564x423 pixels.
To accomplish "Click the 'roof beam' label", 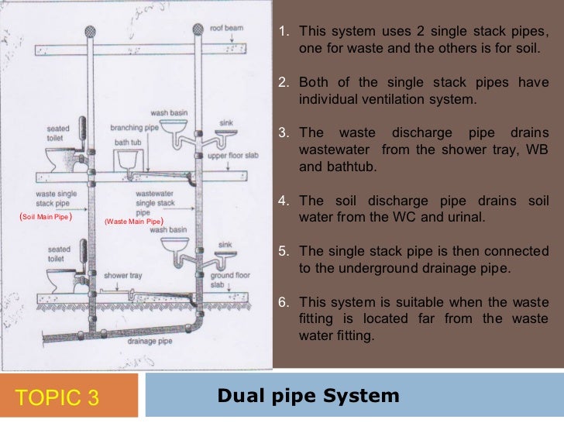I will pyautogui.click(x=229, y=28).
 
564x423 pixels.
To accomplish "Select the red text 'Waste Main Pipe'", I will pyautogui.click(x=134, y=221).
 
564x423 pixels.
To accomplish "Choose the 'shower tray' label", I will pyautogui.click(x=121, y=275).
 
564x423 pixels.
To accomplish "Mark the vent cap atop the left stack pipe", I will pyautogui.click(x=89, y=32).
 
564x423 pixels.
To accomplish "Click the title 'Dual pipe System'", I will pyautogui.click(x=308, y=397).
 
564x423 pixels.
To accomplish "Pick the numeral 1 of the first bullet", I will pyautogui.click(x=283, y=32).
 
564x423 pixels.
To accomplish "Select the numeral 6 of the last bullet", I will pyautogui.click(x=283, y=302).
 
